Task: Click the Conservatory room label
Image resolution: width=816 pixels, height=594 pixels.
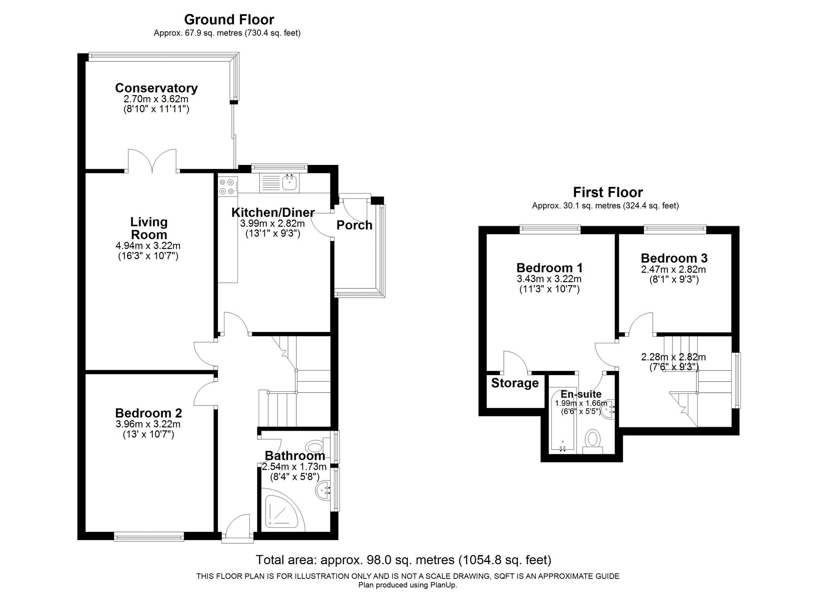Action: (x=156, y=88)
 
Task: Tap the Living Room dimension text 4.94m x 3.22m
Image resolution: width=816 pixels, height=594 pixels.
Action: (x=148, y=246)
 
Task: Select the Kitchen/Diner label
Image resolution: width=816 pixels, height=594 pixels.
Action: (x=273, y=212)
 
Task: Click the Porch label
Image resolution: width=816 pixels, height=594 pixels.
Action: (x=354, y=225)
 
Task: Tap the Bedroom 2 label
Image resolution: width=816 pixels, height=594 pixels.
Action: (x=149, y=413)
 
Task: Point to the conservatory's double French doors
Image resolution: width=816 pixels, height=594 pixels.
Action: (x=152, y=161)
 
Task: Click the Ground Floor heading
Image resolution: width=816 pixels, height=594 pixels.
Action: (x=229, y=19)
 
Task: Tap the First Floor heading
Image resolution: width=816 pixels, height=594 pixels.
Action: (x=608, y=192)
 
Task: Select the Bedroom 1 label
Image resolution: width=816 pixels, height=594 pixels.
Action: (x=550, y=268)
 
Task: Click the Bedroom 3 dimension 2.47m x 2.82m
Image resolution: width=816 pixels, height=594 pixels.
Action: (x=673, y=269)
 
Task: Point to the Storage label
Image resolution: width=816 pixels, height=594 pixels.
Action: (x=514, y=383)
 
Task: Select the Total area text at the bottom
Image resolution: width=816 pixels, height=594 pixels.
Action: (x=403, y=559)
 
